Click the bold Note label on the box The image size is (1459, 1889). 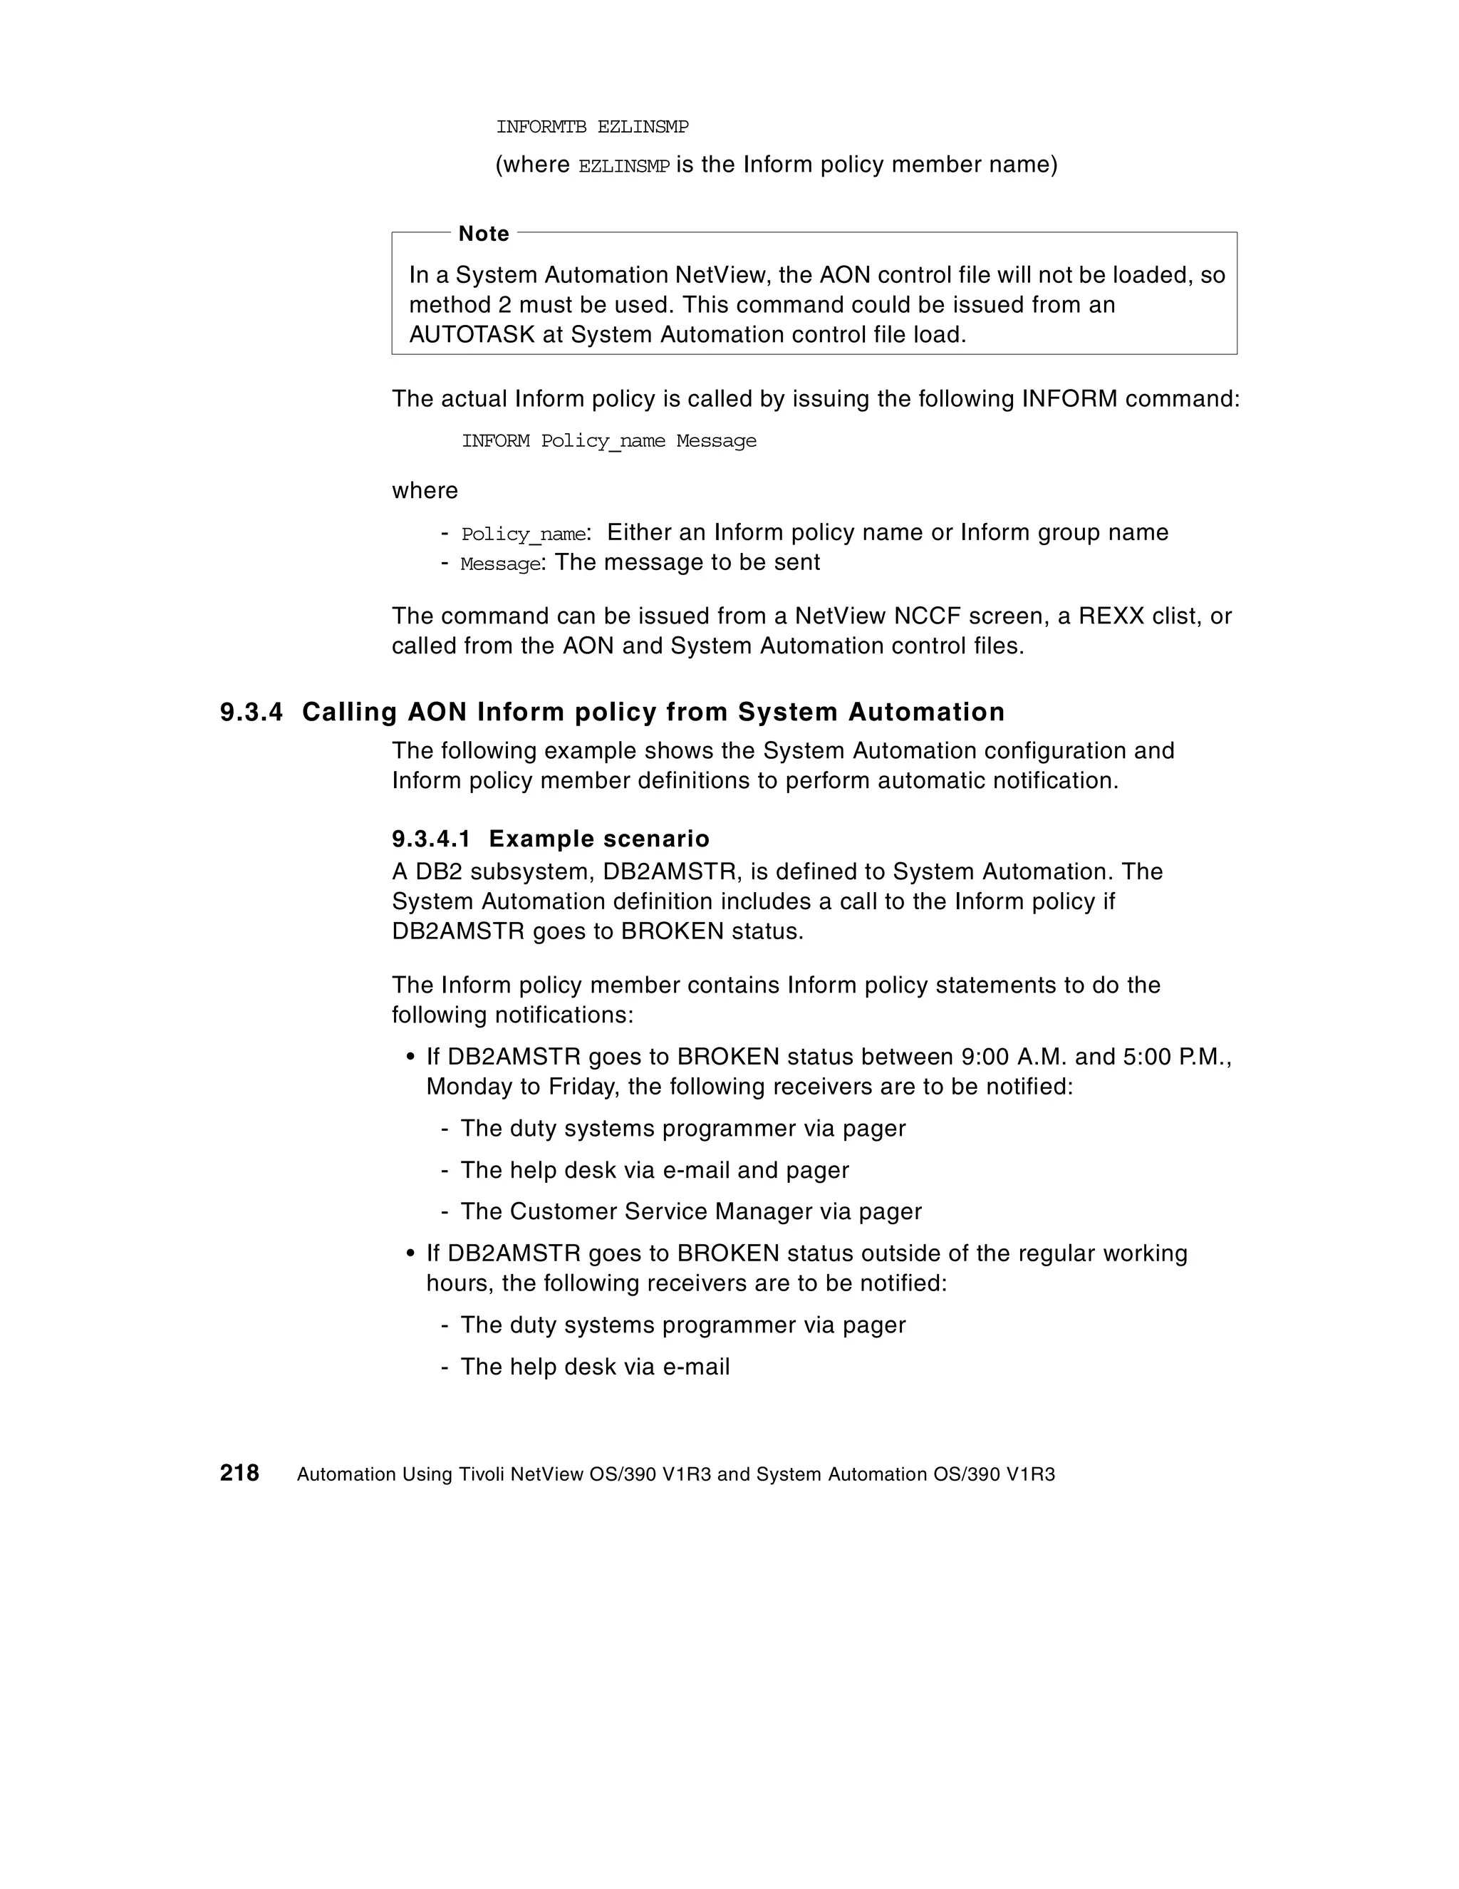tap(484, 234)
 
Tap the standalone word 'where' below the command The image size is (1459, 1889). tap(425, 490)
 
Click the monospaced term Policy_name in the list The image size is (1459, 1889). tap(523, 534)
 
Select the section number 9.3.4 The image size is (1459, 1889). tap(251, 712)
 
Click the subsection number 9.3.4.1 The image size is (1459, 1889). tap(431, 839)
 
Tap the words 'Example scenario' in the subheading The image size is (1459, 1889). tap(598, 839)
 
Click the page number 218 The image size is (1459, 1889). tap(239, 1473)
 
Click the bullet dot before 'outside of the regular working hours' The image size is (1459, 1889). tap(411, 1253)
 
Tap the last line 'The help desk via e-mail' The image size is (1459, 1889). tap(595, 1367)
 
